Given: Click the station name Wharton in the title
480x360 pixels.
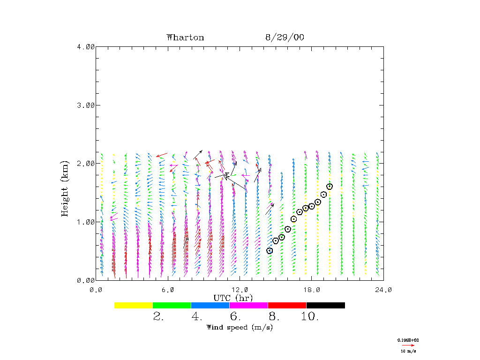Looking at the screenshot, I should [x=185, y=37].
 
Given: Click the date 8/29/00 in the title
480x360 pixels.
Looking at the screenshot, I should [x=285, y=37].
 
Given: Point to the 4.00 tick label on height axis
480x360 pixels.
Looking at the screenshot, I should [x=86, y=46].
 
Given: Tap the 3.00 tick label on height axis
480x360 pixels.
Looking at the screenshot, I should [x=86, y=105].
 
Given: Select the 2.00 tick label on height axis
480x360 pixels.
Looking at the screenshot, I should [x=86, y=163].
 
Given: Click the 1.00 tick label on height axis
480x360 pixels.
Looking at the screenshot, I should [x=86, y=222].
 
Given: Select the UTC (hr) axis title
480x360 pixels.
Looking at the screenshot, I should [x=233, y=298].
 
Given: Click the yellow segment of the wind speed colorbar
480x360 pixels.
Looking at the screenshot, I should [x=134, y=305].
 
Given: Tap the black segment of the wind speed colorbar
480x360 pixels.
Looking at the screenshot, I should [x=326, y=305].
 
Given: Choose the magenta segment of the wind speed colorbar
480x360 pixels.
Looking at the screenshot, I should [x=249, y=305].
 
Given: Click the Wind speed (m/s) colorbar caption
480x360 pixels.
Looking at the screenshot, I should [x=240, y=327].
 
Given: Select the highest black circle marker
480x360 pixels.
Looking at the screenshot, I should [x=330, y=187].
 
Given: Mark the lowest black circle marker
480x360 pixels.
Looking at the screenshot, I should [x=270, y=251].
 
